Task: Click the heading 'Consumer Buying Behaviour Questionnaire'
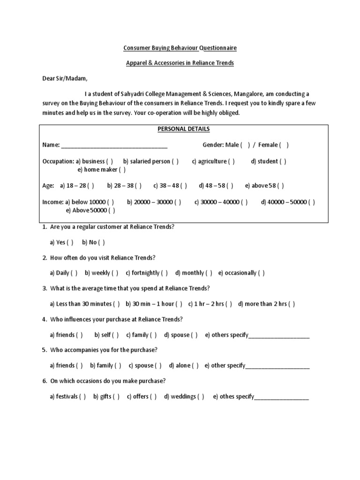point(180,48)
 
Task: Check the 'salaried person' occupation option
point(175,162)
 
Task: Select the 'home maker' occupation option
point(122,170)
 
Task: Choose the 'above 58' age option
point(280,186)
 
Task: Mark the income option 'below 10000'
point(110,202)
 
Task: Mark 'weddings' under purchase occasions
point(201,397)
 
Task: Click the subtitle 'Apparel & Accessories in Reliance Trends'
point(180,63)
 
